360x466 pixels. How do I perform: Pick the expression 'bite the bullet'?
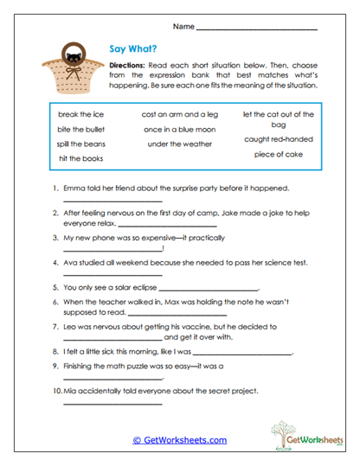80,129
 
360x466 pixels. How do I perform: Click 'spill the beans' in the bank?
80,144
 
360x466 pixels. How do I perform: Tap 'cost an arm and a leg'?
181,114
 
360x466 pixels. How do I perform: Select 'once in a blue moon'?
181,129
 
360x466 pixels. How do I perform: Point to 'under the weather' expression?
181,144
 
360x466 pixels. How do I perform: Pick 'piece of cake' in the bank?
279,155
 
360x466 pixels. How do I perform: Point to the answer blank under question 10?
112,403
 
